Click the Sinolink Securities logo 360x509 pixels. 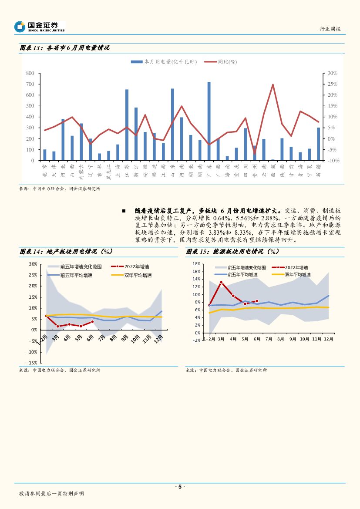point(39,27)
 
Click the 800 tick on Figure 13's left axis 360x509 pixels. point(30,73)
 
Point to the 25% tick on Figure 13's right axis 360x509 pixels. point(333,84)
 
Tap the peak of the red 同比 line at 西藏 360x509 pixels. point(273,84)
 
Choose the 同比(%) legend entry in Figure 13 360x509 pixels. point(221,62)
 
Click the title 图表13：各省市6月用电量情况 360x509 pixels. point(64,48)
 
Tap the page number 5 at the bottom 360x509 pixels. point(180,487)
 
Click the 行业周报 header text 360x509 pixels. point(330,29)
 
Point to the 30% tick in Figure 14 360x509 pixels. point(32,264)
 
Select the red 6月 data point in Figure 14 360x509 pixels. point(92,322)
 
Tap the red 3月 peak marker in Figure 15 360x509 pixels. point(221,282)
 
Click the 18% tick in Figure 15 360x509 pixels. point(195,264)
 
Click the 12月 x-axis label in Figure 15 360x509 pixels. point(328,339)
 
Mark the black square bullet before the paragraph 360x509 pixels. point(124,211)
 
